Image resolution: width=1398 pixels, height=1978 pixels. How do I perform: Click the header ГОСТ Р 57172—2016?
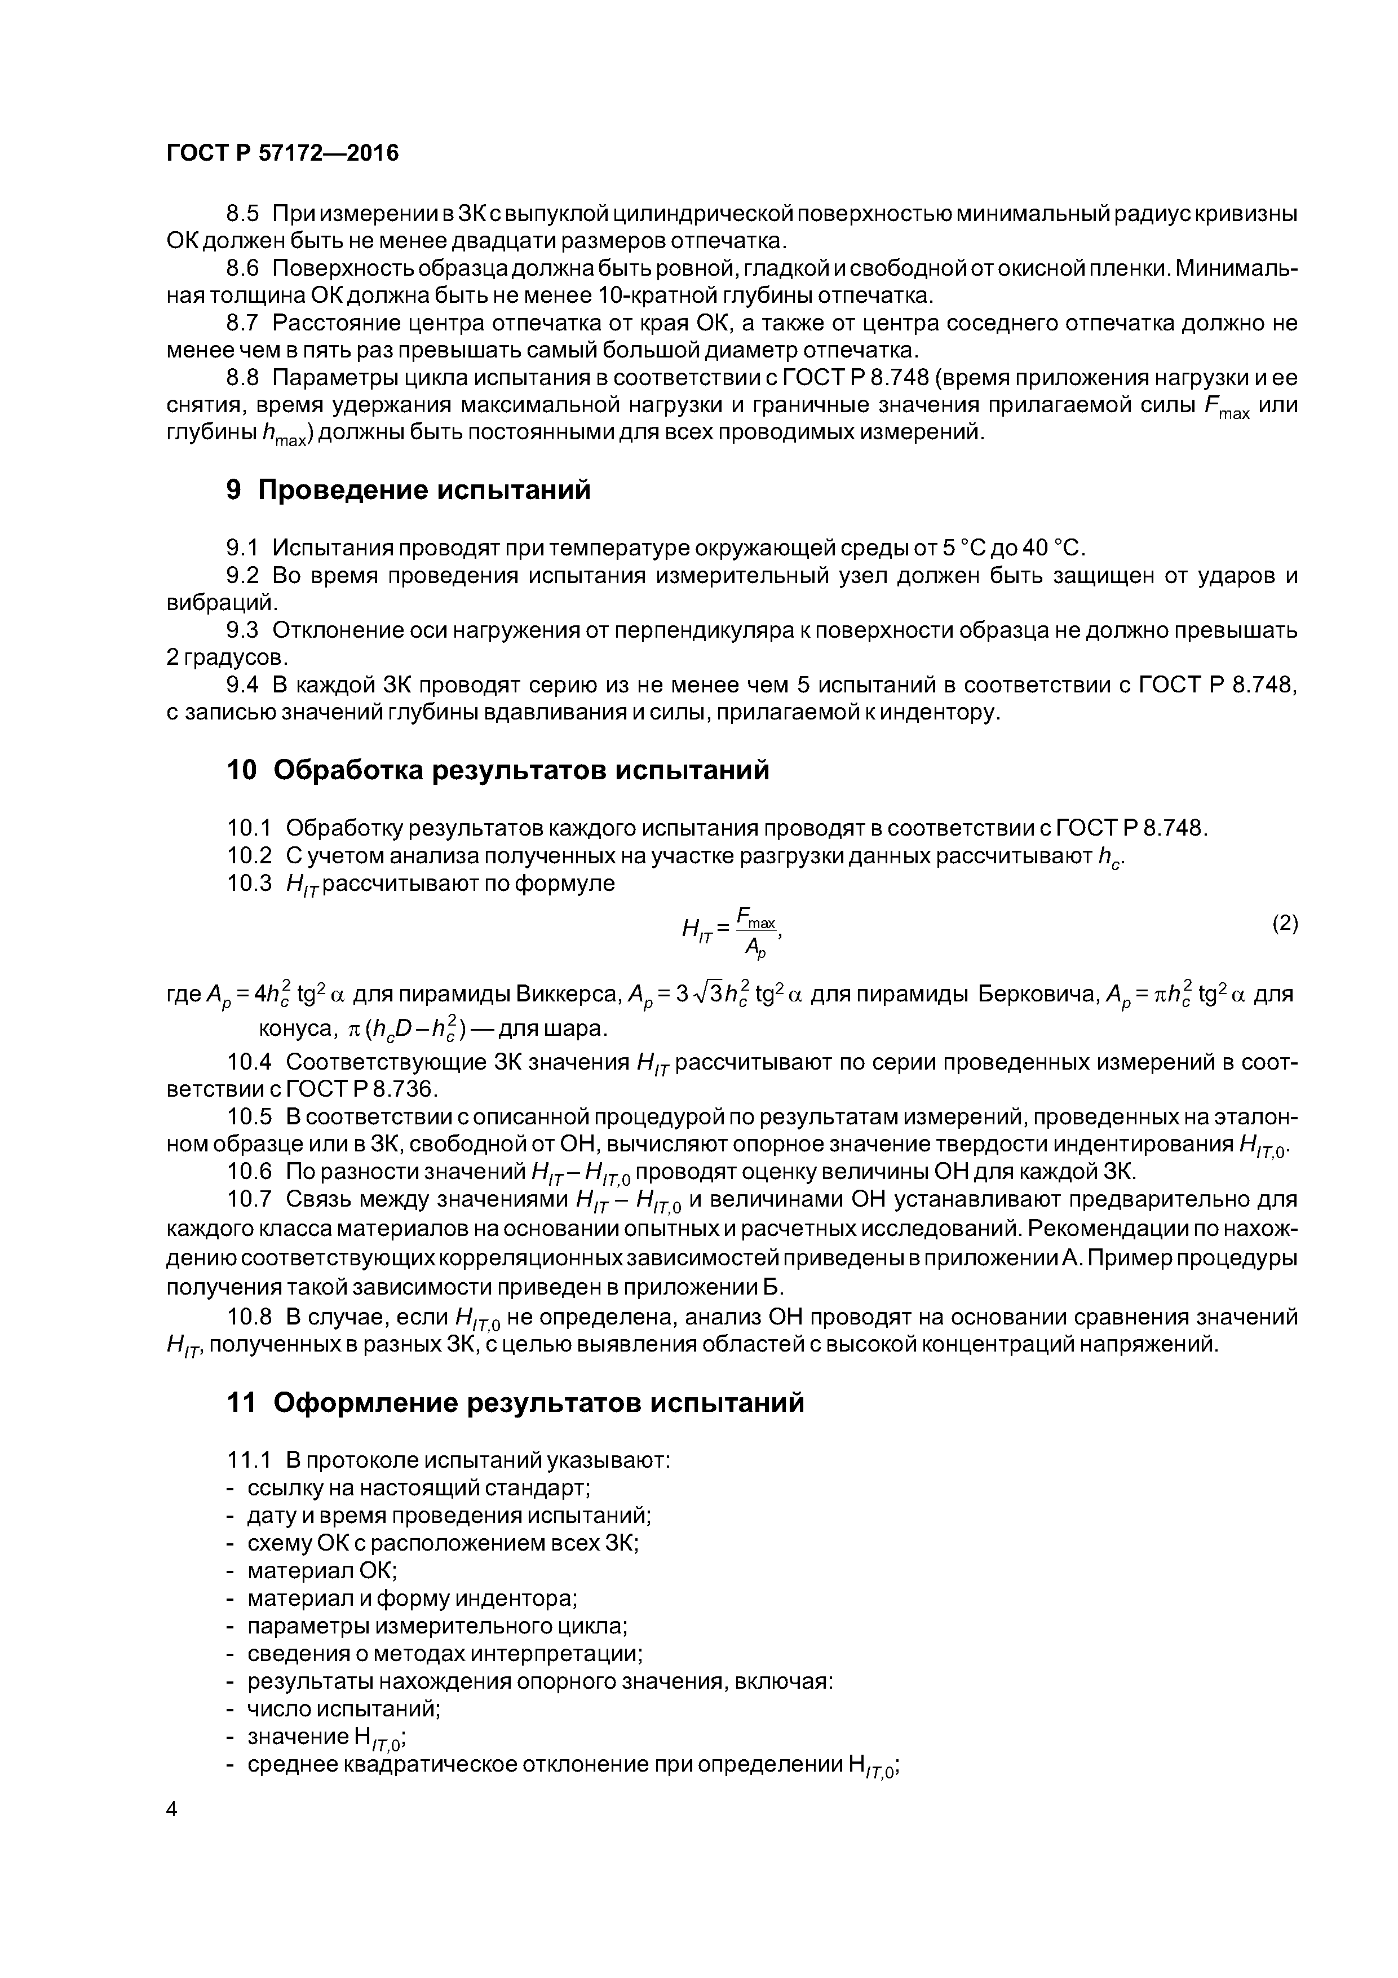pos(282,153)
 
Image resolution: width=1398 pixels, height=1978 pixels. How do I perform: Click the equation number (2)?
pos(1284,924)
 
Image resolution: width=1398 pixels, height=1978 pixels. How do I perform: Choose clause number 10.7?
pos(249,1199)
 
